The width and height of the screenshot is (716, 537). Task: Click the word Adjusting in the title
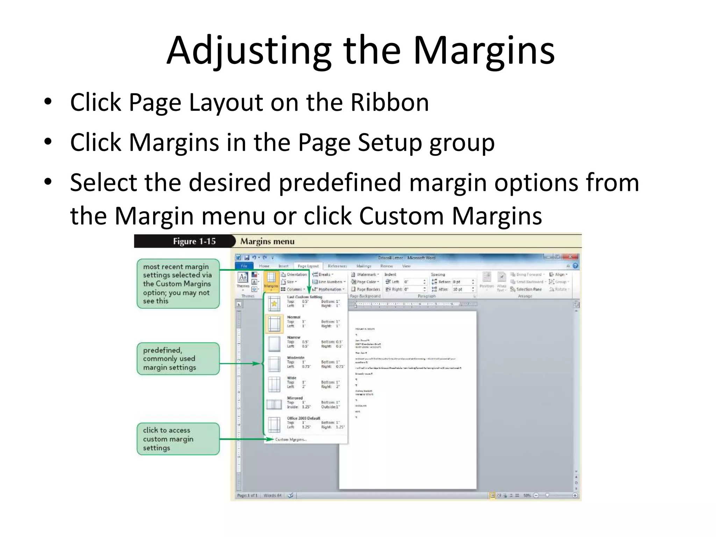249,51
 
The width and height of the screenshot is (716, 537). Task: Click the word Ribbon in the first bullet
389,102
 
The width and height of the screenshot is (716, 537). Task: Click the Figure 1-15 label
194,241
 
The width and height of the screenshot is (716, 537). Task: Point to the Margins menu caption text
267,241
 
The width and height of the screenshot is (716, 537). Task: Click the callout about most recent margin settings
178,284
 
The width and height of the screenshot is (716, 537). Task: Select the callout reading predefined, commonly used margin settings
178,359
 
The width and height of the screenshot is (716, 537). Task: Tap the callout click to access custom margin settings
178,439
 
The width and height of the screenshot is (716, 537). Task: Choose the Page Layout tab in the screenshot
308,266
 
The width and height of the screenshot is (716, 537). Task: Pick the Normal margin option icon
274,323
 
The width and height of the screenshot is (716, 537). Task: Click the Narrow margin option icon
274,344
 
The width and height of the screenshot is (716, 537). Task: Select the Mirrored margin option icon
274,404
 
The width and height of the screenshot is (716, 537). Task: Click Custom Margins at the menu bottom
291,439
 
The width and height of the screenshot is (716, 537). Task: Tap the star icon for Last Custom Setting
274,303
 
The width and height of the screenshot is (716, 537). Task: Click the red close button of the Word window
570,257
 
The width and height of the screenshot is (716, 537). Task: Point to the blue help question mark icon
575,266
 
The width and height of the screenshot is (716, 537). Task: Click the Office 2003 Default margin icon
274,424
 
